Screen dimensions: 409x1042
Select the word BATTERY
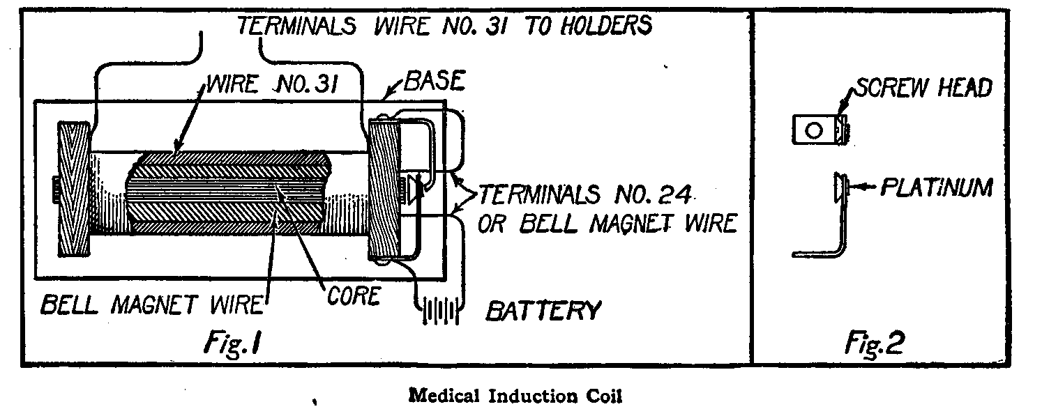coord(543,310)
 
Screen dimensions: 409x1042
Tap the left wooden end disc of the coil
coord(74,189)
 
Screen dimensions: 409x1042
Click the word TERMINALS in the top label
coord(297,26)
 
